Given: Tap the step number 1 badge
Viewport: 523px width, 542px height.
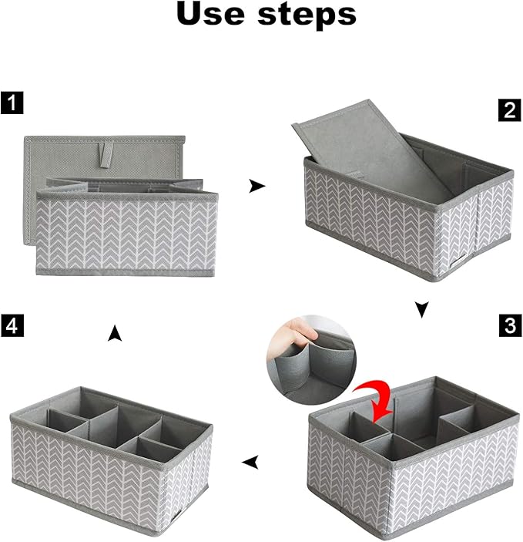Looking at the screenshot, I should click(x=12, y=103).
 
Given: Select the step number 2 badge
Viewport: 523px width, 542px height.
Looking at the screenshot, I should click(x=508, y=109).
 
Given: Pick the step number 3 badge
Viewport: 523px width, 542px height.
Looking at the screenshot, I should click(x=508, y=326).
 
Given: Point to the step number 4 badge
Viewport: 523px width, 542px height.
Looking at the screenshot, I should click(x=12, y=325).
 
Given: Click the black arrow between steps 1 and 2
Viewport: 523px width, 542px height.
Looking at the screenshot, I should click(x=257, y=186).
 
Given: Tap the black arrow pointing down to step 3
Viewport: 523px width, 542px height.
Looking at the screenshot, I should click(x=421, y=310).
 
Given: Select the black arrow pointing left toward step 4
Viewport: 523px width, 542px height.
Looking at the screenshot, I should click(x=250, y=463).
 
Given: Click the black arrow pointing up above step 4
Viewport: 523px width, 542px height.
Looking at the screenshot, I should click(x=115, y=333).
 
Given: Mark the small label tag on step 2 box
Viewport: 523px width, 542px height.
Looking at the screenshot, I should click(x=460, y=260).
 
